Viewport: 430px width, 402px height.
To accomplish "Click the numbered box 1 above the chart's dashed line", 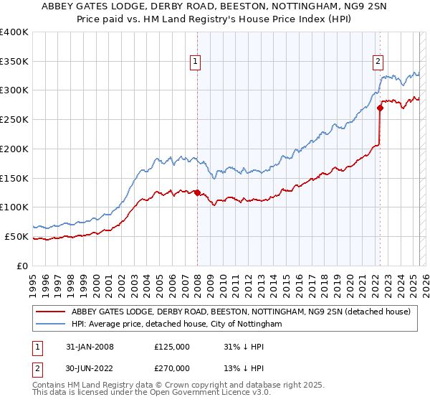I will coord(195,62).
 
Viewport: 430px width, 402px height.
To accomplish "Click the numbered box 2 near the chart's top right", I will coord(378,62).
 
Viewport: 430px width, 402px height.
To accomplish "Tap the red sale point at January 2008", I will coord(197,192).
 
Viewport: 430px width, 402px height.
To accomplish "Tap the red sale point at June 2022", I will coord(380,108).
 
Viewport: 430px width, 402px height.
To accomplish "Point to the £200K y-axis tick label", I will coord(14,149).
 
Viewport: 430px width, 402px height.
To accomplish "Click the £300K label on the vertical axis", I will coord(14,90).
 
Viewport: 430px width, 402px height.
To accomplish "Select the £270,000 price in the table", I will coord(172,368).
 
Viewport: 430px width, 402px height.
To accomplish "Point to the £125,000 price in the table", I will coord(172,347).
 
